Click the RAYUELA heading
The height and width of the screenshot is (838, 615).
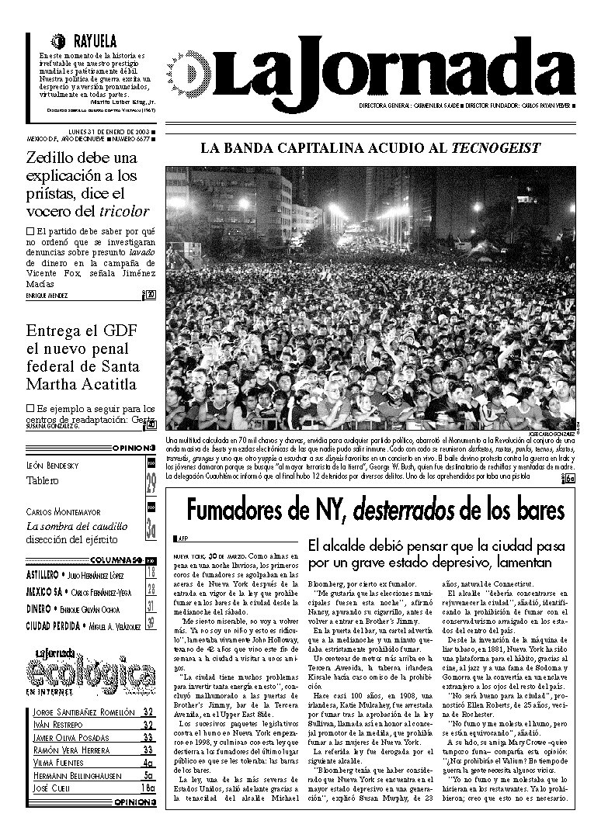(x=94, y=41)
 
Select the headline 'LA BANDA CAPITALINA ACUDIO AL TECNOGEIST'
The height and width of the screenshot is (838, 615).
(x=370, y=148)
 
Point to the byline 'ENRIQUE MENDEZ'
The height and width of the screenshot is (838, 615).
(x=47, y=296)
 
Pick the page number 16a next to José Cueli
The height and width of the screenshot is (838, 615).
(x=148, y=788)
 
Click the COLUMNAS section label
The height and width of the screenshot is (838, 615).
(x=116, y=559)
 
